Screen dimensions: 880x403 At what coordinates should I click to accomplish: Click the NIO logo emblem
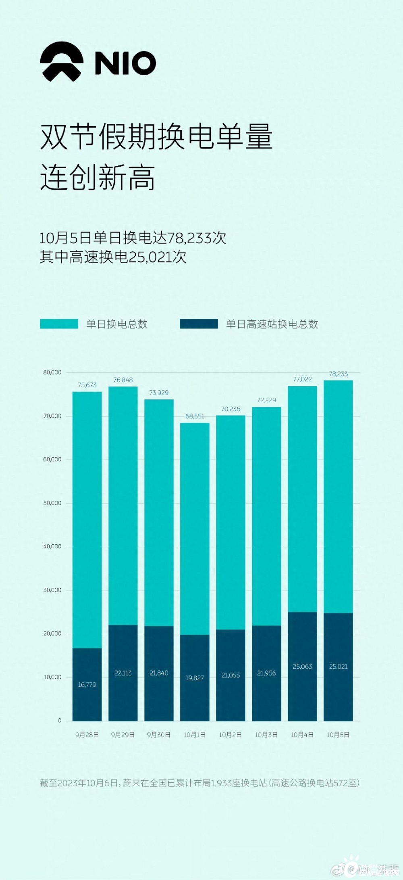[62, 62]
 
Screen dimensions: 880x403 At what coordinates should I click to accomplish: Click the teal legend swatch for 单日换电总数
[59, 324]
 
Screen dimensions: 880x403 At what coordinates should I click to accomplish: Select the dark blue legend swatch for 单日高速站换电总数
[199, 324]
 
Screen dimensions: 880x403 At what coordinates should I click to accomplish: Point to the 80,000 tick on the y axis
[52, 372]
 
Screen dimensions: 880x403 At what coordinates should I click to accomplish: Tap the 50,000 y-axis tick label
[52, 503]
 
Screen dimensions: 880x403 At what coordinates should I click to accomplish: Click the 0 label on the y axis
[60, 721]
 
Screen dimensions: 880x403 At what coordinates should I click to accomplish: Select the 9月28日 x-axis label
[87, 735]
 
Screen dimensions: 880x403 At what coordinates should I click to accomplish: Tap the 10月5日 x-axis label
[338, 735]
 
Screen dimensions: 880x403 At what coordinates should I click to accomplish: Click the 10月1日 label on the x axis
[195, 735]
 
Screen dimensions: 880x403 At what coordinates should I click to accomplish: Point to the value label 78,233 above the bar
[338, 374]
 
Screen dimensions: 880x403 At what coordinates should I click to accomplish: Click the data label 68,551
[195, 416]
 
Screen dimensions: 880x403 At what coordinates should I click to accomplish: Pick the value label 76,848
[123, 380]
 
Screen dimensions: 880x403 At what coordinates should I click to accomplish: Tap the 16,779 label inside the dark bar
[87, 685]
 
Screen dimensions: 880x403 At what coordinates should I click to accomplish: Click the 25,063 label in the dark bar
[302, 667]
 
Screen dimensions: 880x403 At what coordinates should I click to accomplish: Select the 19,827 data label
[195, 678]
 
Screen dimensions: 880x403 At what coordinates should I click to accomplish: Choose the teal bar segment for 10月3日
[266, 516]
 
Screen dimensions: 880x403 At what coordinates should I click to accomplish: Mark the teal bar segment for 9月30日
[159, 512]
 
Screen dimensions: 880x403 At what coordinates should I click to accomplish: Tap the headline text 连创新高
[98, 178]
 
